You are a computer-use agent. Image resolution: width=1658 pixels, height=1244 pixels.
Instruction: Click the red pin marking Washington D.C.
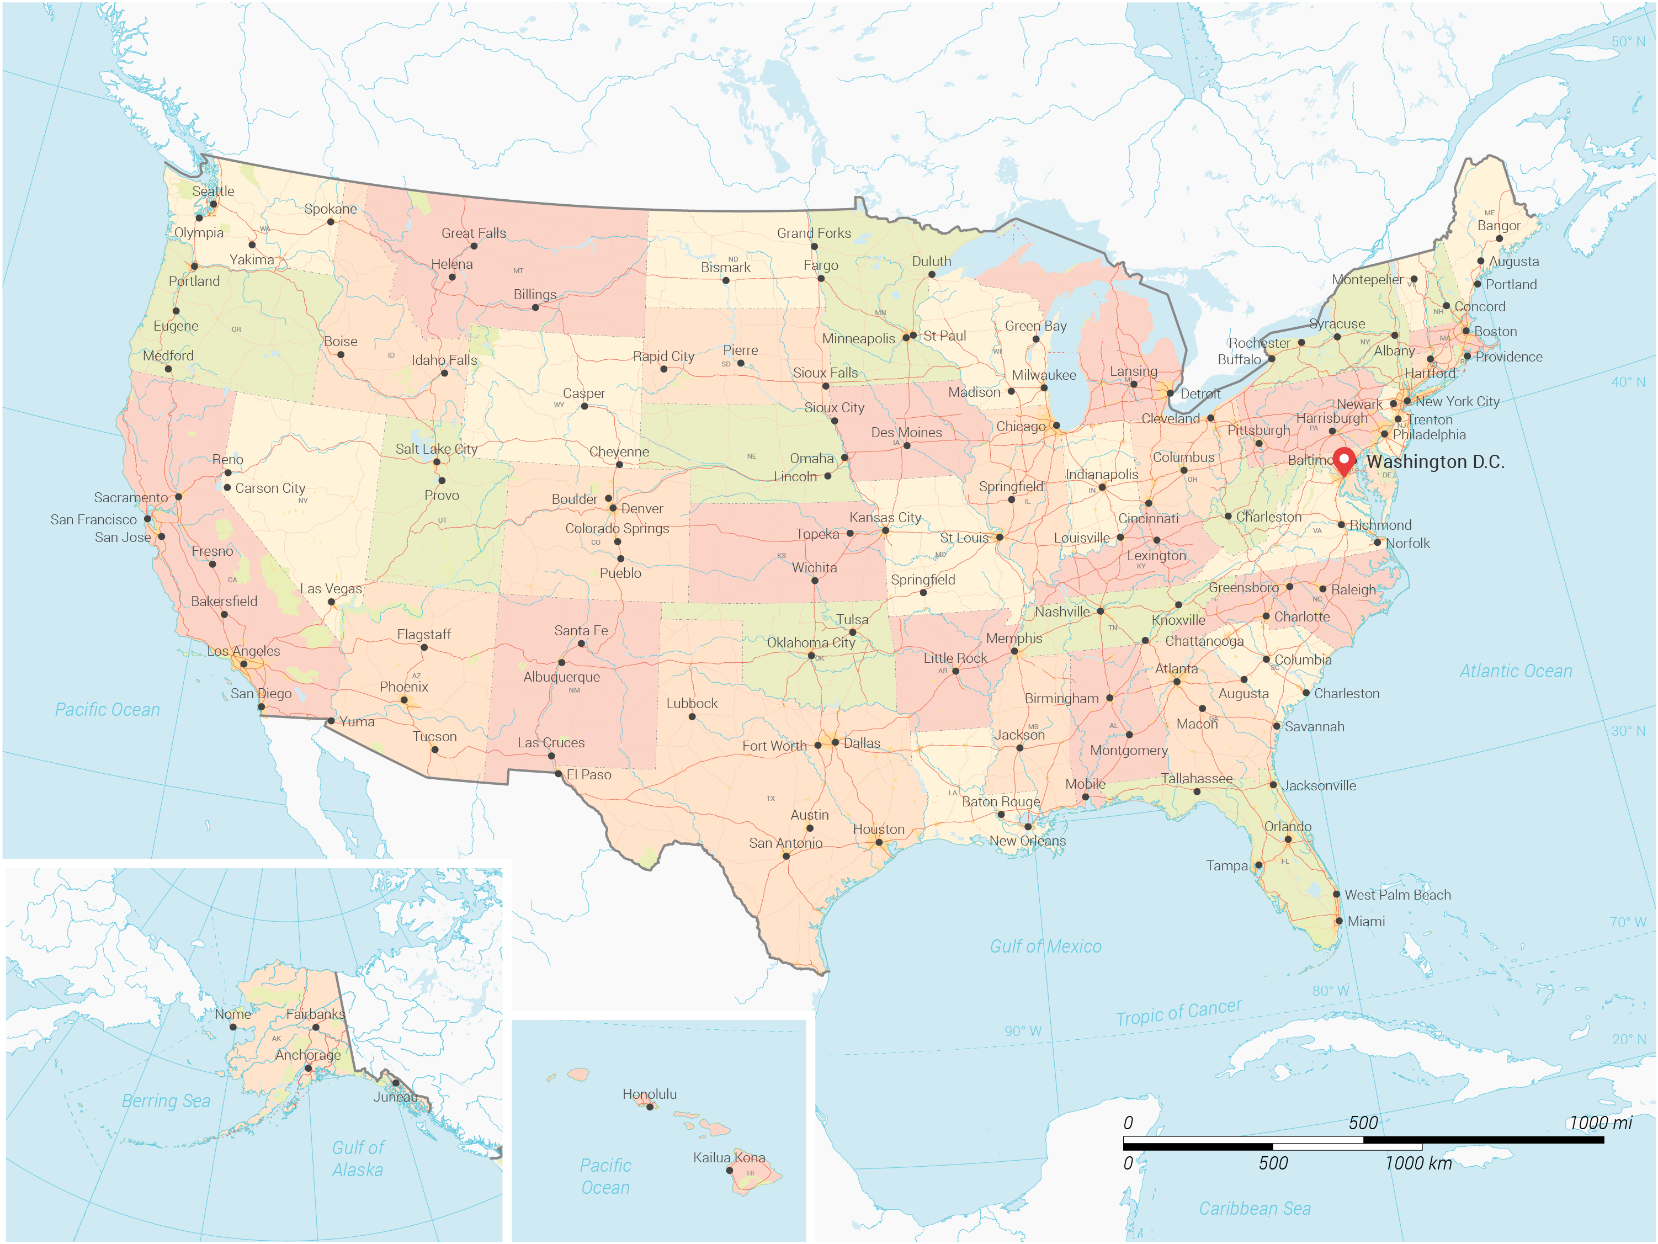(x=1344, y=459)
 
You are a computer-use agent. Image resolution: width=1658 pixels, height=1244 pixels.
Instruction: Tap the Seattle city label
(x=213, y=191)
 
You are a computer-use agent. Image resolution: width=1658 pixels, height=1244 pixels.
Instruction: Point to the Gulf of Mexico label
(x=1045, y=947)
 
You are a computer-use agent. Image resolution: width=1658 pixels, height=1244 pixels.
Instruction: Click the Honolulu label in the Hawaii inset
(x=649, y=1094)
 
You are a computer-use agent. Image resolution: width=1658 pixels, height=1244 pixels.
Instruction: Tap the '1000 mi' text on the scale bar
(x=1600, y=1123)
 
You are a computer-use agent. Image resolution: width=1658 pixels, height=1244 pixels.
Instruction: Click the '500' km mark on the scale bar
(x=1273, y=1163)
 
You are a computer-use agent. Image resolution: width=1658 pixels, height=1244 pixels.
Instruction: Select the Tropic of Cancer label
(x=1178, y=1012)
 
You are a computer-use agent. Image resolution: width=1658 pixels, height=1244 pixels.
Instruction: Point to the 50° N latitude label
(x=1628, y=42)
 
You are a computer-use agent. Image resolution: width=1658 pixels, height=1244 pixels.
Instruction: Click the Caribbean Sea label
(x=1255, y=1209)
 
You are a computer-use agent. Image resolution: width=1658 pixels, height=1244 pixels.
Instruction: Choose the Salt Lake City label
(x=436, y=449)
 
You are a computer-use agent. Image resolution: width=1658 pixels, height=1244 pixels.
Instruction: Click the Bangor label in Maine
(x=1498, y=226)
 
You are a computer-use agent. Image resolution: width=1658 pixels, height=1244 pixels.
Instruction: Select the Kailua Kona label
(x=729, y=1158)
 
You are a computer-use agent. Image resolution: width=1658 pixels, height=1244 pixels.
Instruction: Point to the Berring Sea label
(x=166, y=1101)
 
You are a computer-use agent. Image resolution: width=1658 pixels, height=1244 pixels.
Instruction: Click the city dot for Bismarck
(x=726, y=280)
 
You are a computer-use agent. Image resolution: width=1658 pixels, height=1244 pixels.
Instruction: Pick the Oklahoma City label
(x=810, y=643)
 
